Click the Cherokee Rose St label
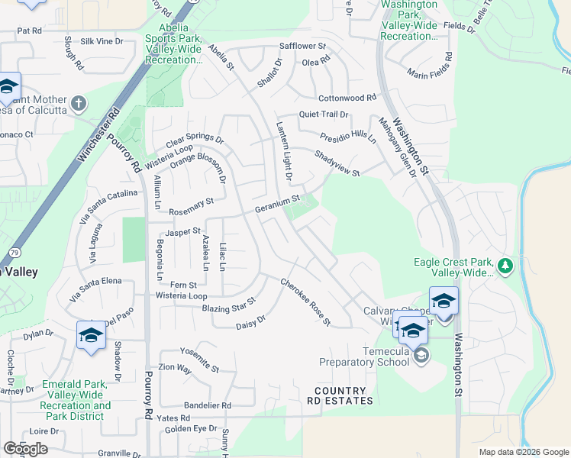305,302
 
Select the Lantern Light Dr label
285,152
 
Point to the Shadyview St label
337,163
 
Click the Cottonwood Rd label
347,98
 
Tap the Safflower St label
302,46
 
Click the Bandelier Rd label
207,405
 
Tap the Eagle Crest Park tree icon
505,266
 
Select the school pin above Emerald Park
91,335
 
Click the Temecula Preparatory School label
364,356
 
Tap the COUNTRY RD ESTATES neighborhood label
340,395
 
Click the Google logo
25,449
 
